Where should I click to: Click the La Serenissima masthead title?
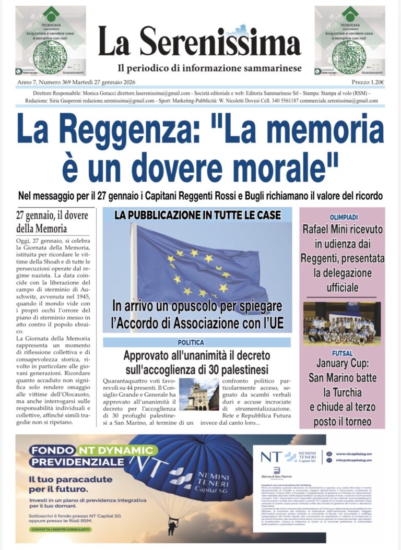click(199, 42)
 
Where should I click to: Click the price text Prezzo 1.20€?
click(368, 82)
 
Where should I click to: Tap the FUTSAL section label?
click(341, 353)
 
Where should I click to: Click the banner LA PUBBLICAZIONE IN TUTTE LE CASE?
click(197, 214)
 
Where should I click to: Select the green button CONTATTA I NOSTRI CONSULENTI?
click(60, 529)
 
